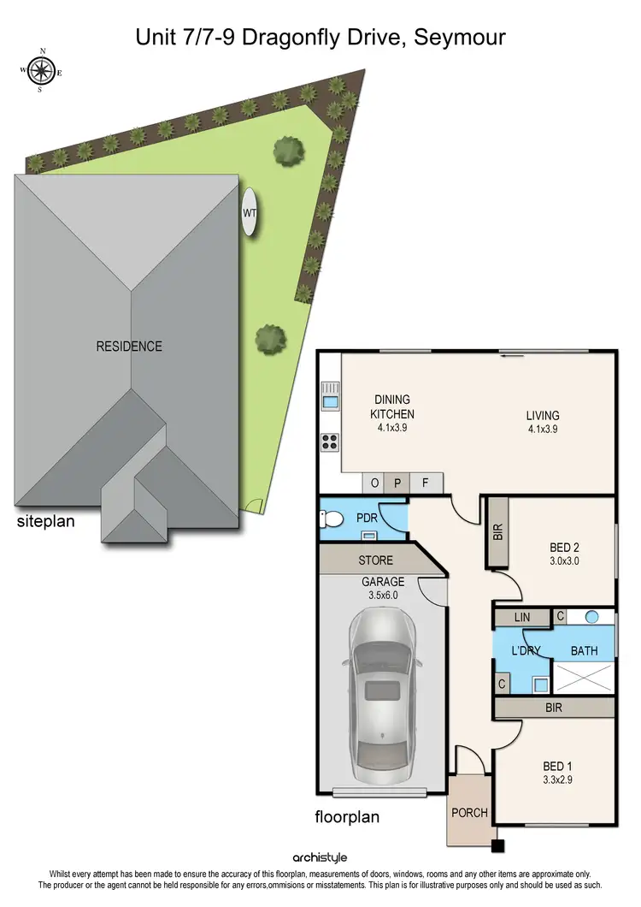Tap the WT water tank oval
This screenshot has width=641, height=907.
(250, 210)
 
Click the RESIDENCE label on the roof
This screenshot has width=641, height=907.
(129, 347)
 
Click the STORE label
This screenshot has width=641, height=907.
(376, 560)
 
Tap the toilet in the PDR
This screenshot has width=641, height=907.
(330, 519)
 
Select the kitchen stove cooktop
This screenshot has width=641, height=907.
(330, 442)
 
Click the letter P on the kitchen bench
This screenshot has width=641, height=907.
(397, 483)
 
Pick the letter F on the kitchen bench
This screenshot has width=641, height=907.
(425, 483)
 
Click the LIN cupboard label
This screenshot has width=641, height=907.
(522, 617)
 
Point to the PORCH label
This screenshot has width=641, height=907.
(470, 812)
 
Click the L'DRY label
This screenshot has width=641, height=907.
(523, 651)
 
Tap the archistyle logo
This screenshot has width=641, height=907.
(320, 857)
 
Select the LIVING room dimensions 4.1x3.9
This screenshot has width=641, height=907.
(543, 430)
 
